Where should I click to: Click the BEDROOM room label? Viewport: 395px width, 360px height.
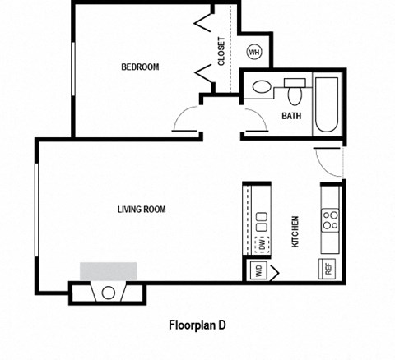(x=140, y=67)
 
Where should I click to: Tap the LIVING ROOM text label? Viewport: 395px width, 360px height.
(x=142, y=210)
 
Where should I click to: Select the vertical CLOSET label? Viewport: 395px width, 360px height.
(x=222, y=51)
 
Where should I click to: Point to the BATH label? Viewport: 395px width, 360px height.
(x=291, y=116)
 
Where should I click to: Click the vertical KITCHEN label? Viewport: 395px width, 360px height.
(x=295, y=233)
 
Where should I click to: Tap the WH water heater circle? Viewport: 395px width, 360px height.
(x=254, y=53)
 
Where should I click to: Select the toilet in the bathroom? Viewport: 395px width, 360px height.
(x=262, y=87)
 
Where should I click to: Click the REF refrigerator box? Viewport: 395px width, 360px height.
(x=327, y=268)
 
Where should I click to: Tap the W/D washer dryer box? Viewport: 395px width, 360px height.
(x=257, y=271)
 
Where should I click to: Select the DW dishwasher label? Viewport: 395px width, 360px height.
(x=262, y=244)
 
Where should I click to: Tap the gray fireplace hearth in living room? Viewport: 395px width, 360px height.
(x=108, y=272)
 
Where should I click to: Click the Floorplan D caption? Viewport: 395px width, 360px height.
(x=197, y=325)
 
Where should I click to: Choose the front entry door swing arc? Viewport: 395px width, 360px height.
(x=328, y=162)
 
